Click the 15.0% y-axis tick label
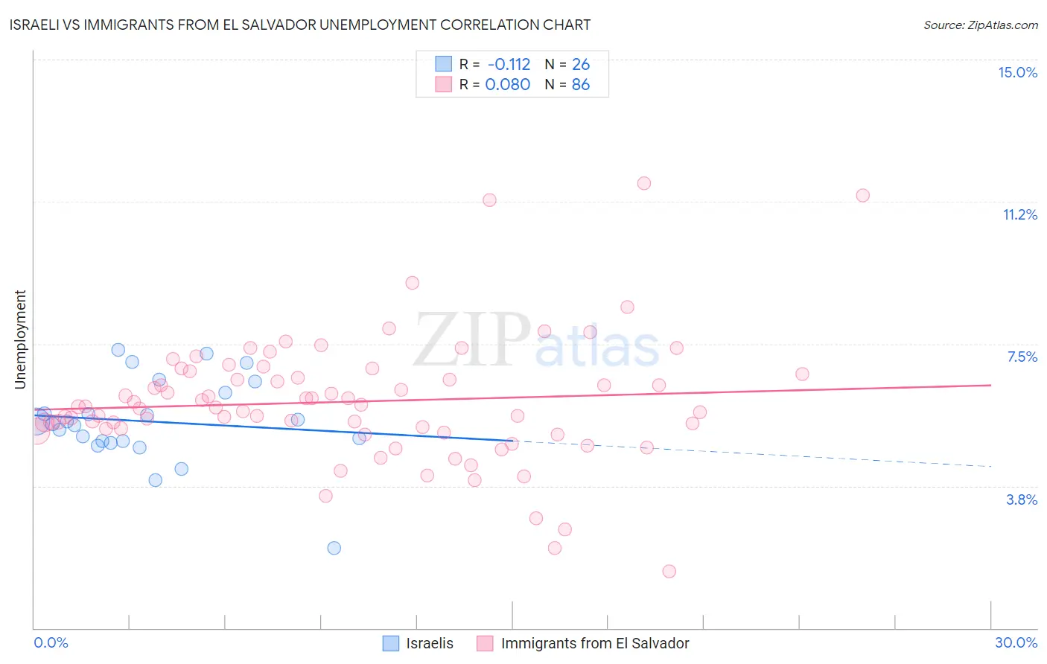click(x=1017, y=72)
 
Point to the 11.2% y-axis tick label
click(x=1019, y=214)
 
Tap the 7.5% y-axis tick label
click(x=1022, y=357)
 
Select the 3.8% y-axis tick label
click(x=1022, y=499)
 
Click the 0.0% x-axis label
click(x=51, y=642)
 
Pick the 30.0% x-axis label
click(x=1016, y=642)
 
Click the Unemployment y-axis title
click(x=20, y=339)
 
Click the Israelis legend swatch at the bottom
click(x=391, y=643)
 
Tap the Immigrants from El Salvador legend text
click(x=595, y=643)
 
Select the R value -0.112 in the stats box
click(x=508, y=64)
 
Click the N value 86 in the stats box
click(x=581, y=84)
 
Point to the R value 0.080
click(x=508, y=84)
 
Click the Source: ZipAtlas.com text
click(x=980, y=25)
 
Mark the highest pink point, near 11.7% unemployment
click(x=644, y=183)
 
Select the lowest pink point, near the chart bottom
click(x=669, y=571)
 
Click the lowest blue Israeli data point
click(x=334, y=548)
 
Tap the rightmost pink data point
click(x=862, y=195)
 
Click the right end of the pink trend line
click(x=990, y=385)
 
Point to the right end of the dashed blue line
click(x=990, y=466)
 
